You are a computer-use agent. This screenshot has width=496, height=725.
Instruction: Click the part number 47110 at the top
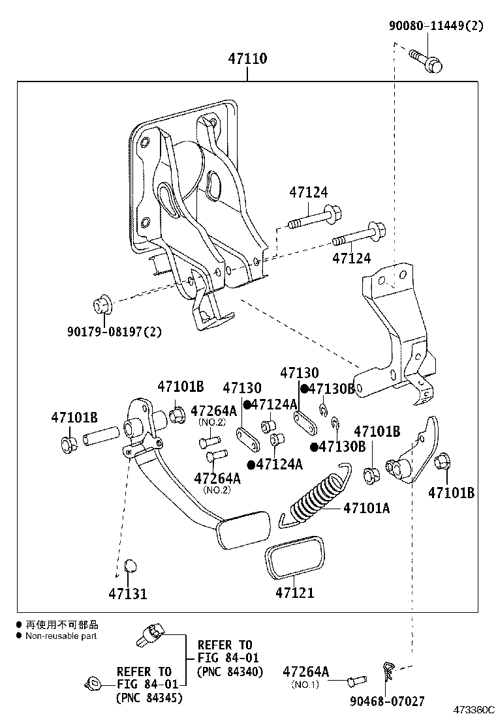click(247, 59)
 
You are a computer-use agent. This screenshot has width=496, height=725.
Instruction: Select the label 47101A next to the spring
click(366, 508)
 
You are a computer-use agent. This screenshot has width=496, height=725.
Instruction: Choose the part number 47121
click(294, 593)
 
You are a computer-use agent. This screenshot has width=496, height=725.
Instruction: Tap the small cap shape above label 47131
click(130, 564)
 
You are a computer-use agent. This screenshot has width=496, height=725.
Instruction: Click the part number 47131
click(128, 594)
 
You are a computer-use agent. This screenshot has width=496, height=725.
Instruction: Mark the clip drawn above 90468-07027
click(388, 672)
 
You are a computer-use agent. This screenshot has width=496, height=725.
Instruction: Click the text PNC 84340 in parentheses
click(230, 672)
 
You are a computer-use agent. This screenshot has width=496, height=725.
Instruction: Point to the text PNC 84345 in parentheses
click(149, 698)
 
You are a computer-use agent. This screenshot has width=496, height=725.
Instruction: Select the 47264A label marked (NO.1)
click(305, 672)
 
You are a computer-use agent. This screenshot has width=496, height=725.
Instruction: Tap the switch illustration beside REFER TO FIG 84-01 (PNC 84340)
click(151, 632)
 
